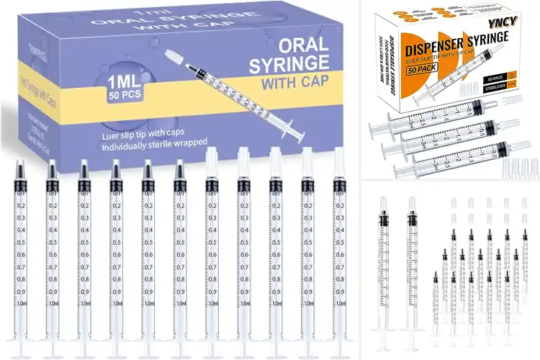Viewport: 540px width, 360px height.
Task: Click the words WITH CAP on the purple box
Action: point(293,81)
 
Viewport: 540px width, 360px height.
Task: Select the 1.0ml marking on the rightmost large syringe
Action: point(338,303)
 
